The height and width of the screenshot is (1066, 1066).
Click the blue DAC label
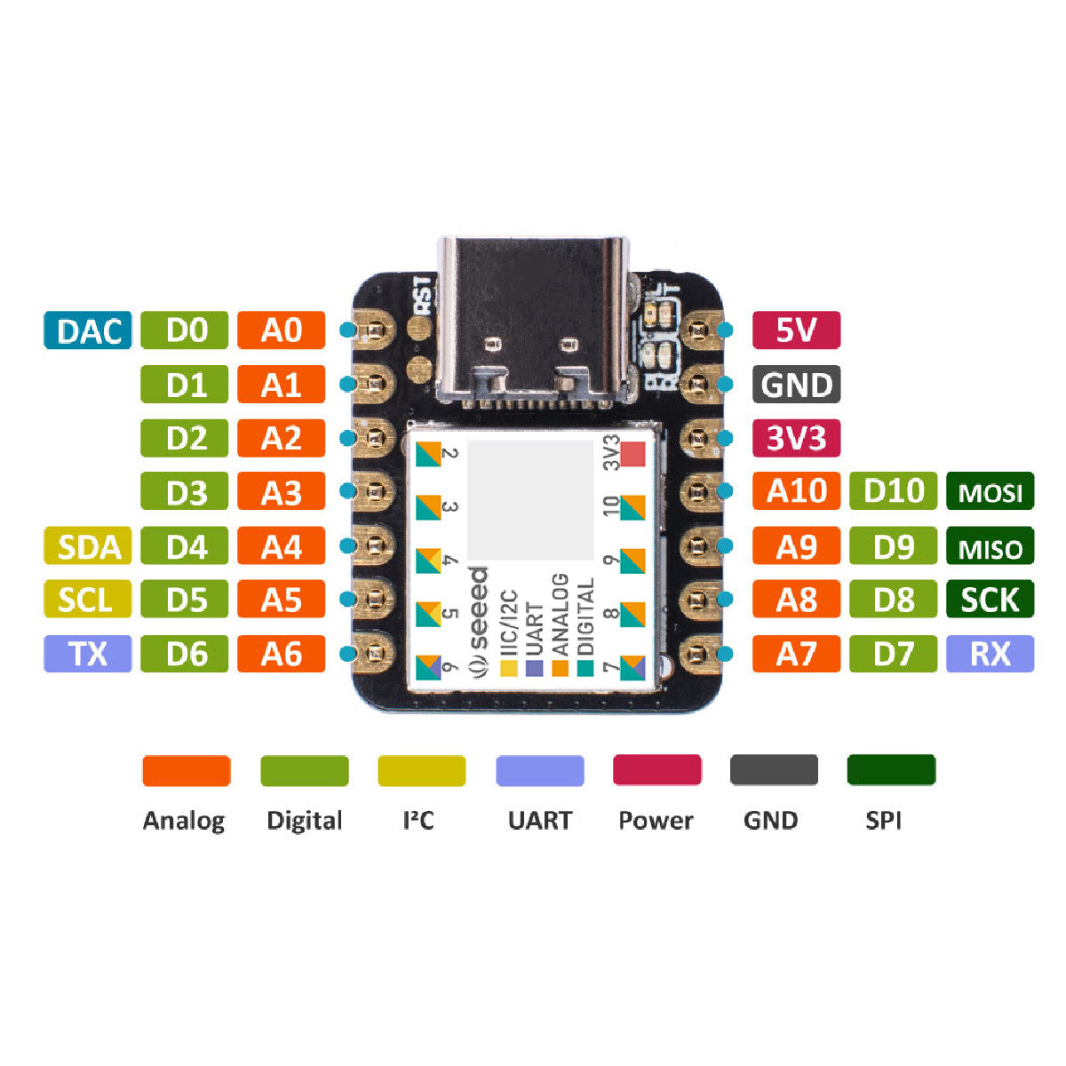[x=88, y=330]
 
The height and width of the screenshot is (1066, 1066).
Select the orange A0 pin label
[x=281, y=330]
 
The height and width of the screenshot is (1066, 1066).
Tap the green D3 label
[x=185, y=492]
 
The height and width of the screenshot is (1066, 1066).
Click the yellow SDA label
[x=88, y=546]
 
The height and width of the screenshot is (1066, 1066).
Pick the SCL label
[x=88, y=601]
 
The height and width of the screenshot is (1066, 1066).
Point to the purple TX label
[x=88, y=654]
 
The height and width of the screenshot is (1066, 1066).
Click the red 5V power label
[x=796, y=330]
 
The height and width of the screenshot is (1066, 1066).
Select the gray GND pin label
[x=796, y=385]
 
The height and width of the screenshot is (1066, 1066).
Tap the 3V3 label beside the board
[x=796, y=438]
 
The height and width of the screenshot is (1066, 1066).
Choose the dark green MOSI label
[x=990, y=491]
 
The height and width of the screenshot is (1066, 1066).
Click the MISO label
[x=990, y=546]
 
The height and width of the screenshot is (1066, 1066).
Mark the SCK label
[x=990, y=601]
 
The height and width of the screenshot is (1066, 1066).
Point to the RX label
[x=990, y=654]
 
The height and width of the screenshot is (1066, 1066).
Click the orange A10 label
[x=796, y=491]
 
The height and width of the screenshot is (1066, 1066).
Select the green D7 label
[x=893, y=654]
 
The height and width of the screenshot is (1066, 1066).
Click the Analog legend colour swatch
[x=186, y=770]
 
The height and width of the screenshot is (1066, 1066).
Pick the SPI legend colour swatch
[x=891, y=770]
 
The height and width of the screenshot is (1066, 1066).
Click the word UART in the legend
[x=539, y=820]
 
